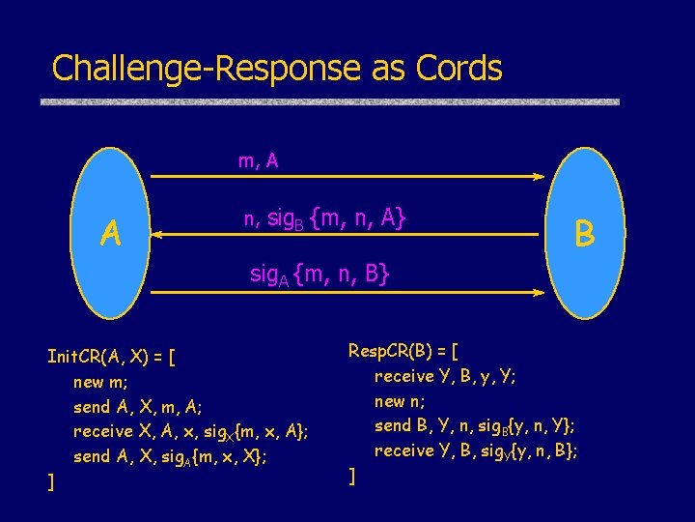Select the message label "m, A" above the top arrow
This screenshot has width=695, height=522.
[259, 161]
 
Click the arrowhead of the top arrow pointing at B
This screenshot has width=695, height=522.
[540, 177]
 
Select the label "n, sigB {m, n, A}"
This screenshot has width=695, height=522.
[324, 220]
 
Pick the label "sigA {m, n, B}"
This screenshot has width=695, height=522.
[320, 275]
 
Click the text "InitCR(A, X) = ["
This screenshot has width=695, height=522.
[111, 356]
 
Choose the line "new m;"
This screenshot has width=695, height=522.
[100, 382]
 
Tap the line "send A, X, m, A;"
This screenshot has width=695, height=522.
[137, 407]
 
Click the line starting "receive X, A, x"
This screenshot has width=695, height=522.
[191, 432]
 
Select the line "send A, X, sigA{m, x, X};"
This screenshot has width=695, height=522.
[170, 457]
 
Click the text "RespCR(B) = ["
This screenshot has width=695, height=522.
[403, 350]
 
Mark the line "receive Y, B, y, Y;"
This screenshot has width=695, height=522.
[445, 376]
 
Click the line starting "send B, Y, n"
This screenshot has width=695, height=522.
[475, 425]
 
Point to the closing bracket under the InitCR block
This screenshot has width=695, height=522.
[51, 481]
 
